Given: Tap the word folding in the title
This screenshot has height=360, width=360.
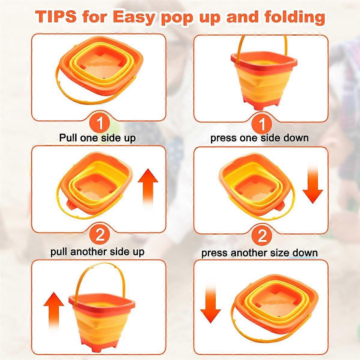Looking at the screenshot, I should [x=295, y=17].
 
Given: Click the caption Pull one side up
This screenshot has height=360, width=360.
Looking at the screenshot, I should [x=97, y=138].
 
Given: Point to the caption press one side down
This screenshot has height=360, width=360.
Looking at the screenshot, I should [x=259, y=138].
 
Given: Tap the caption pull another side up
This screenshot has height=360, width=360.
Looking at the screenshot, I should [x=97, y=251].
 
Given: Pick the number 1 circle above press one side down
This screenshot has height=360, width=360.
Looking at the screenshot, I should [x=262, y=124].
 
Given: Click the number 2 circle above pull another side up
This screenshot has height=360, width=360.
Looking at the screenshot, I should [x=100, y=235].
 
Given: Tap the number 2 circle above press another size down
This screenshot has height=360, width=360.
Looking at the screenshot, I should [x=262, y=237].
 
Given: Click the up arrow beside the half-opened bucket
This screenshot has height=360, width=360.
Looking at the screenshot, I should [x=148, y=186].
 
